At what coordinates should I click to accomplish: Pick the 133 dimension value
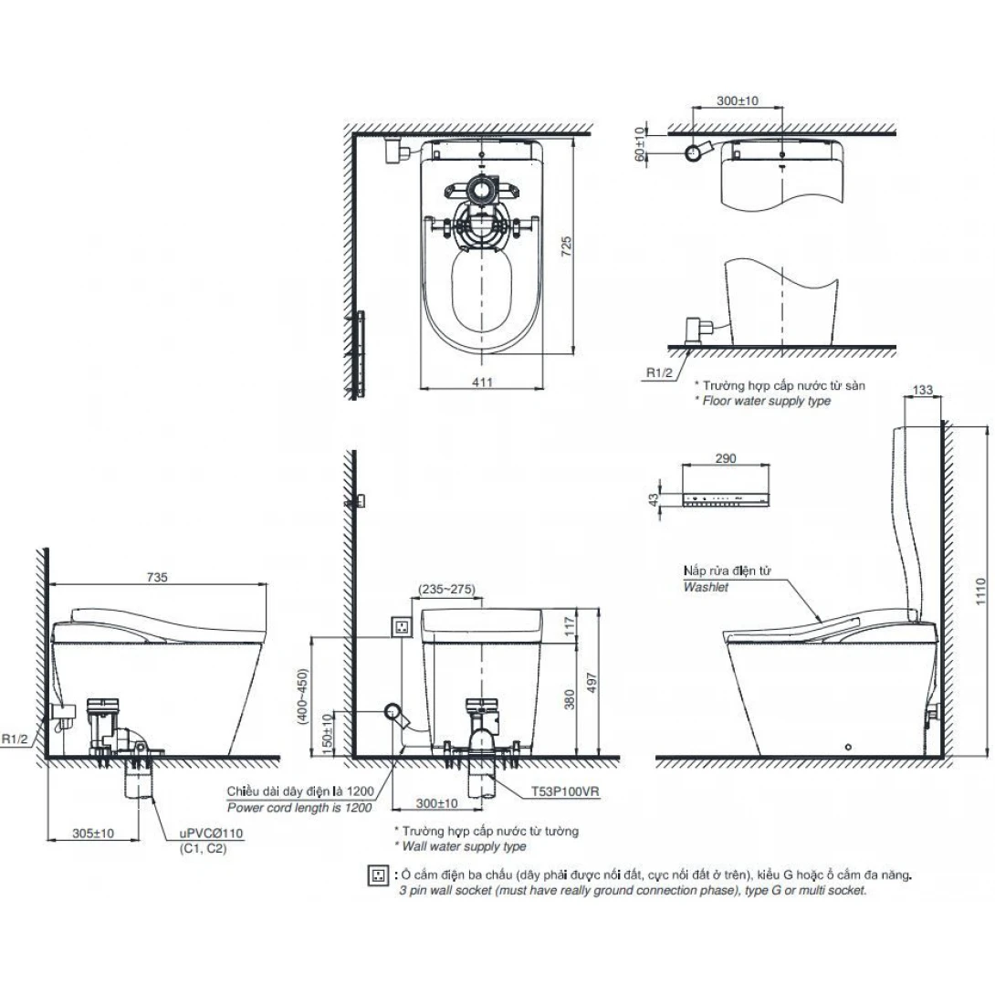tap(923, 390)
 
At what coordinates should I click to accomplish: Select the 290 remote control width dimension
tap(727, 458)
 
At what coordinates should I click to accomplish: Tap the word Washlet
tap(706, 588)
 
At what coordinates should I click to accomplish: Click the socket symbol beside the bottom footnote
tap(374, 875)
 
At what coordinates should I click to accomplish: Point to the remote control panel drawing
tap(728, 499)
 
